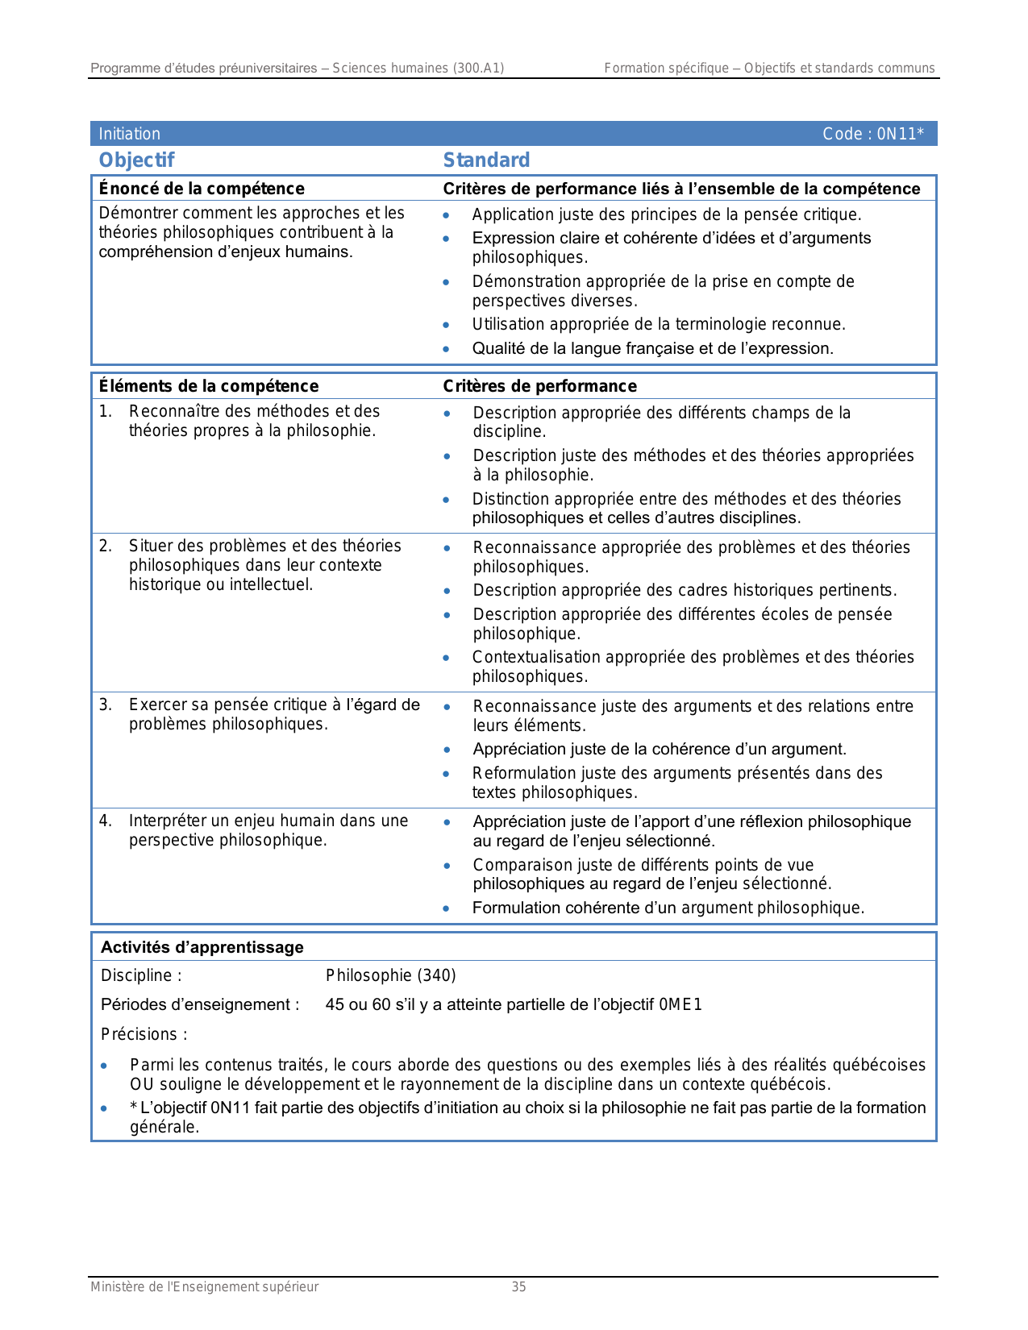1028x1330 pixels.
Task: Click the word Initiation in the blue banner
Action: [129, 134]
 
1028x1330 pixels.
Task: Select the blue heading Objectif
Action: [136, 160]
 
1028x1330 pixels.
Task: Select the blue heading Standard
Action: [486, 160]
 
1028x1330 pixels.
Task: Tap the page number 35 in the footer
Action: [518, 1286]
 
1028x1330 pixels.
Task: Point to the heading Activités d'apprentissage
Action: [202, 947]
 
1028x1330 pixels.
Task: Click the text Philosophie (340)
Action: [390, 975]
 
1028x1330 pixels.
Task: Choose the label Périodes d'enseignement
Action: [199, 1004]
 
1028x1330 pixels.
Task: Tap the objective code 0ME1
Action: [680, 1004]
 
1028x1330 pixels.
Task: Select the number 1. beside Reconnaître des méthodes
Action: [105, 411]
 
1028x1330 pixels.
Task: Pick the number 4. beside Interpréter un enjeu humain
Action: [105, 821]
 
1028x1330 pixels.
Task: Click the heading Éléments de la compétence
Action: [208, 386]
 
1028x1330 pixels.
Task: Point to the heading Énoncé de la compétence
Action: [202, 189]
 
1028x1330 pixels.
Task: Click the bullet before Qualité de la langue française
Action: [446, 350]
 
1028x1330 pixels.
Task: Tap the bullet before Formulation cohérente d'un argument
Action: [447, 908]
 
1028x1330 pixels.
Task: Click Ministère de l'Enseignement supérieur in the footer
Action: [204, 1286]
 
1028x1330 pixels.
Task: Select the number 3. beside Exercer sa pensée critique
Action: [105, 704]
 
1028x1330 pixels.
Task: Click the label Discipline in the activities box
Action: [140, 975]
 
